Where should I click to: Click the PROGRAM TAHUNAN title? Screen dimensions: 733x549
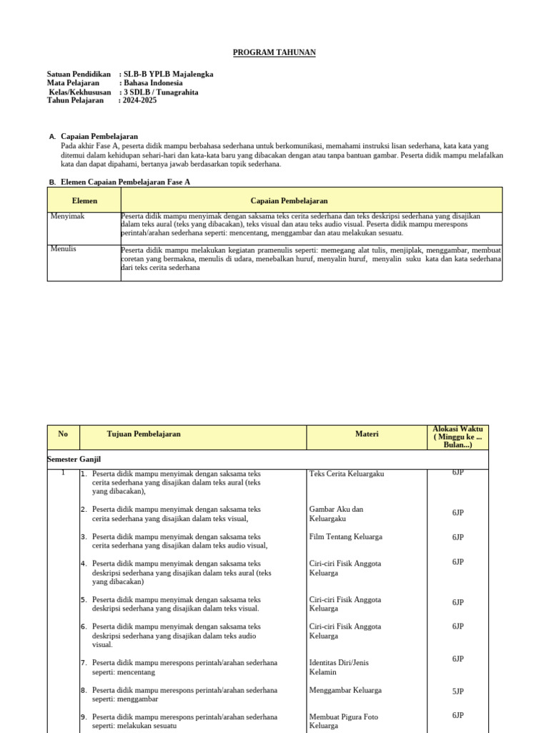(274, 53)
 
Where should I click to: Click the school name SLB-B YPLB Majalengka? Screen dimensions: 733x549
(169, 74)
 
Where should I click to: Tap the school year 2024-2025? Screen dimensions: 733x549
(140, 100)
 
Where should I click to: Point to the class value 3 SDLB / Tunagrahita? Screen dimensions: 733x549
(161, 92)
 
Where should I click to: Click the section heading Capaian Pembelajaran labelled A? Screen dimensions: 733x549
(99, 136)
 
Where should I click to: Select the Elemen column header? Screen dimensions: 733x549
(84, 201)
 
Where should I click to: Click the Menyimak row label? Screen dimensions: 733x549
(68, 216)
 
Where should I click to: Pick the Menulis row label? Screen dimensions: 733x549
(64, 249)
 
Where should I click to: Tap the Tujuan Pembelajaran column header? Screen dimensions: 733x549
(144, 434)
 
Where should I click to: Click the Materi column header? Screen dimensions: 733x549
(367, 434)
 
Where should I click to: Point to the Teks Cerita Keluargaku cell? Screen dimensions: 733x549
(347, 474)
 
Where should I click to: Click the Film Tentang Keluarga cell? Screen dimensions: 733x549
(345, 537)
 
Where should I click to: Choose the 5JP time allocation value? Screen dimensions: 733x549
(457, 691)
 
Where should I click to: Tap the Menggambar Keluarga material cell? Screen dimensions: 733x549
(345, 691)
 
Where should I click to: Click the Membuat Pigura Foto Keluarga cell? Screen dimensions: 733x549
(344, 721)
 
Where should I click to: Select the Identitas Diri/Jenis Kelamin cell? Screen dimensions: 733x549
(339, 667)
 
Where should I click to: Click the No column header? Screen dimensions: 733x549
(63, 434)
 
